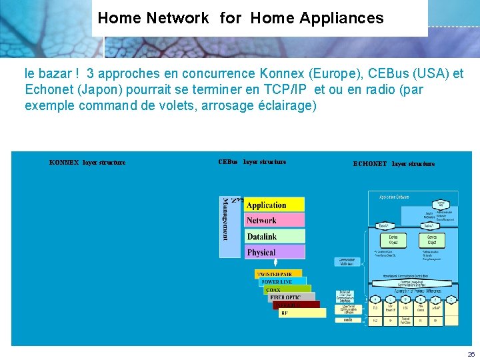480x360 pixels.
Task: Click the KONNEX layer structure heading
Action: pos(87,162)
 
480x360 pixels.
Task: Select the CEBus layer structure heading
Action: pos(252,161)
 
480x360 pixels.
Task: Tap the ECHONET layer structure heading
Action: pos(393,163)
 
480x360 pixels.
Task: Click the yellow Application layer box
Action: pos(275,205)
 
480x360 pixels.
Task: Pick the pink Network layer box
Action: pos(275,221)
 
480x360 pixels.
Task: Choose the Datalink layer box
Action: pos(275,237)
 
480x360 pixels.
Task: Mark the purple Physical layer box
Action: pos(275,253)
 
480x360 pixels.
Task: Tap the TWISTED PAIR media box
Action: pos(278,274)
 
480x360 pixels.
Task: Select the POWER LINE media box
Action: pos(283,282)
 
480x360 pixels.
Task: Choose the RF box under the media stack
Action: pos(301,313)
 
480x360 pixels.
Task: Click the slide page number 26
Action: pos(471,354)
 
